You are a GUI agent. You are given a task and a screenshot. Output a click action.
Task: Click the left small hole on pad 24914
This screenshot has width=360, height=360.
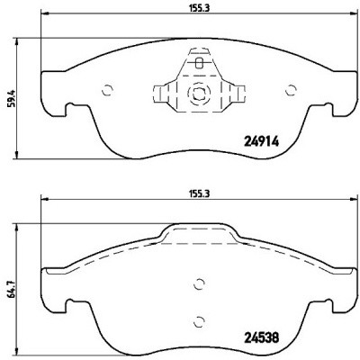coord(107,89)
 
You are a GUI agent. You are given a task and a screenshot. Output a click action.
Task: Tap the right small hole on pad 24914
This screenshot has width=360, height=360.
coord(290,89)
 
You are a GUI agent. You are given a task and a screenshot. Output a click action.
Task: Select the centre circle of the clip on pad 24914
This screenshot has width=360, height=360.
coord(199,92)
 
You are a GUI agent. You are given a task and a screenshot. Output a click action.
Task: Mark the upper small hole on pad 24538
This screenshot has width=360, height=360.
coord(199,286)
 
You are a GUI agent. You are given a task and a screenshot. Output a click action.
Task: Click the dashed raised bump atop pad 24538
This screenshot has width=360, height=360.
coord(199,236)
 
